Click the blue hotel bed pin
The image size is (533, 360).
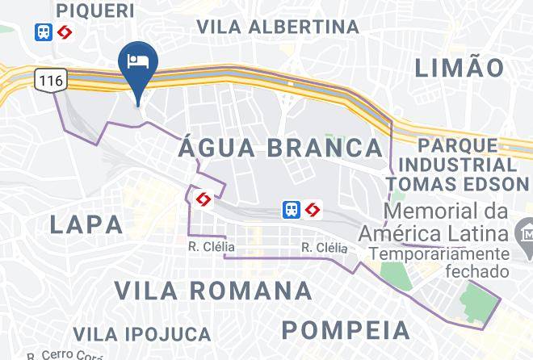coord(138,64)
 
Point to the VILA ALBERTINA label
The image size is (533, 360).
coord(279,26)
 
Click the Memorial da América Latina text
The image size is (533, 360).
coord(446,224)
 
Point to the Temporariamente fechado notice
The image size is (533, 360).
coord(440,263)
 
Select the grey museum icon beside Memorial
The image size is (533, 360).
coord(522,234)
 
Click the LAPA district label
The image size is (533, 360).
coord(86,224)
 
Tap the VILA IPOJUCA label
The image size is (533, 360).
coord(141,333)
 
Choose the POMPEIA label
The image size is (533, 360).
coord(346,330)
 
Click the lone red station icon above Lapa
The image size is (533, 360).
coord(204,199)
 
